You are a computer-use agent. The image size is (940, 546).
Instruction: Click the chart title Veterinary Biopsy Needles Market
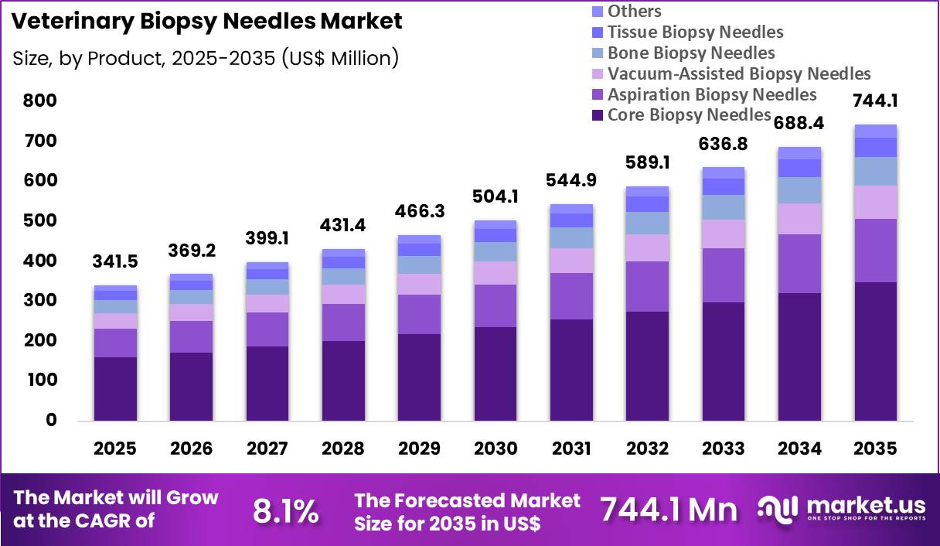(207, 22)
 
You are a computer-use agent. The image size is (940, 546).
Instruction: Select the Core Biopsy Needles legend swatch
(598, 115)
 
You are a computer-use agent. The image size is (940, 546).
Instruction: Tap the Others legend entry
(634, 11)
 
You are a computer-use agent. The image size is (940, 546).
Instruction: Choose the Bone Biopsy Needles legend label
(690, 53)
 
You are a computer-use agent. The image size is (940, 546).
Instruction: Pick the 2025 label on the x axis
(115, 449)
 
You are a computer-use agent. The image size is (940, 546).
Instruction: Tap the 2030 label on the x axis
(496, 449)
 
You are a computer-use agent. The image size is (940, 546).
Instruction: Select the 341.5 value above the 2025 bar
(115, 261)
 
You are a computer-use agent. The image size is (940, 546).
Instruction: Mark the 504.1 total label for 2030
(496, 196)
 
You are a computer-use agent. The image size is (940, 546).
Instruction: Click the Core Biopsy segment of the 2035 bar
(876, 351)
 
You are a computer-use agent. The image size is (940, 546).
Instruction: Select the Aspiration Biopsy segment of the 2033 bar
(724, 275)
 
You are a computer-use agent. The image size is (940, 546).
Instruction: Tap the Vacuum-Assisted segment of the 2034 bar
(799, 219)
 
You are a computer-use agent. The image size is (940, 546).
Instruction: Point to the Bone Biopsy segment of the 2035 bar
(876, 171)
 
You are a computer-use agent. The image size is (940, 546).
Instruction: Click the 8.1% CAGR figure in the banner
(285, 510)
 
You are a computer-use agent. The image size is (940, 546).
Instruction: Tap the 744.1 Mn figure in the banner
(669, 510)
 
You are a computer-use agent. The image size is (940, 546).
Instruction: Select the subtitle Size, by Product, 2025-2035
(206, 58)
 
